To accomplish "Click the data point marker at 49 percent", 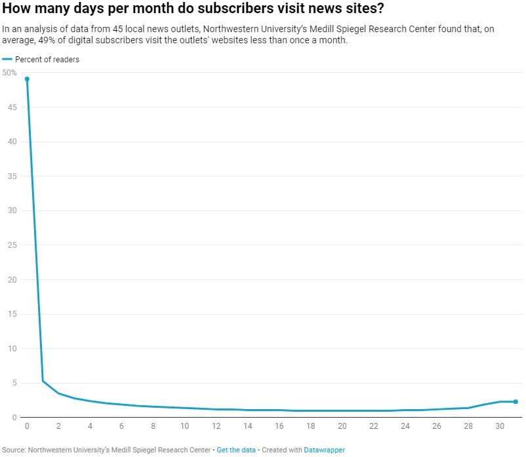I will pyautogui.click(x=27, y=79).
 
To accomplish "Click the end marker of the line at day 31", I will pyautogui.click(x=516, y=402).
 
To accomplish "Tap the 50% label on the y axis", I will pyautogui.click(x=9, y=73).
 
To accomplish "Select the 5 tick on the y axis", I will pyautogui.click(x=12, y=383).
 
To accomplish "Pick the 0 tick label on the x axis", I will pyautogui.click(x=27, y=426).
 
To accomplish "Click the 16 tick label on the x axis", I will pyautogui.click(x=279, y=426).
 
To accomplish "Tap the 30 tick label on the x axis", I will pyautogui.click(x=500, y=426).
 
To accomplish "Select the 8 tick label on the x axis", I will pyautogui.click(x=153, y=426).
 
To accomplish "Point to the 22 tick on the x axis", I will pyautogui.click(x=374, y=426).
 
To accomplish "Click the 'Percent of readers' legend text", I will pyautogui.click(x=47, y=60).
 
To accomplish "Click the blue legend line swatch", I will pyautogui.click(x=7, y=60).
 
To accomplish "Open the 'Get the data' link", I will pyautogui.click(x=237, y=450).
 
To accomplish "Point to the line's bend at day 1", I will pyautogui.click(x=43, y=381).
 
